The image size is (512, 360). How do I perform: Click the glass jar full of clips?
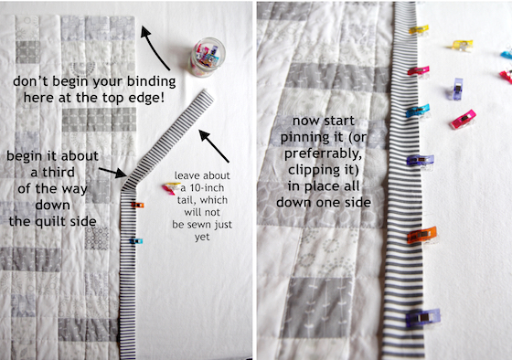tap(208, 58)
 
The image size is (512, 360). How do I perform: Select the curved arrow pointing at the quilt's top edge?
tap(153, 47)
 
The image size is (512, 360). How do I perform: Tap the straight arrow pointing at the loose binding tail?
tap(214, 145)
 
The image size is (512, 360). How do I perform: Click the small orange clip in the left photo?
tap(137, 205)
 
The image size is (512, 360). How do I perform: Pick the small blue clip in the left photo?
tap(136, 241)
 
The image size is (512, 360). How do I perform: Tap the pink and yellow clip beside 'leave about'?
tap(170, 188)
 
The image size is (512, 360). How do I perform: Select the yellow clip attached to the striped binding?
tap(419, 29)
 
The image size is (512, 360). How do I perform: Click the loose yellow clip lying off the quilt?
tap(462, 45)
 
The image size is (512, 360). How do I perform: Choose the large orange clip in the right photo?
tap(421, 235)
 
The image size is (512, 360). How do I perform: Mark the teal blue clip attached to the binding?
tap(418, 111)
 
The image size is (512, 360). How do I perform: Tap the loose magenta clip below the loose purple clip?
tap(463, 119)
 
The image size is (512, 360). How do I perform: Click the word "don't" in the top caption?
tap(31, 81)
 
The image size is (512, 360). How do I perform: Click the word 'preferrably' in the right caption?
tap(324, 154)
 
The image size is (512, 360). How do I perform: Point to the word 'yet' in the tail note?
tap(202, 238)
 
